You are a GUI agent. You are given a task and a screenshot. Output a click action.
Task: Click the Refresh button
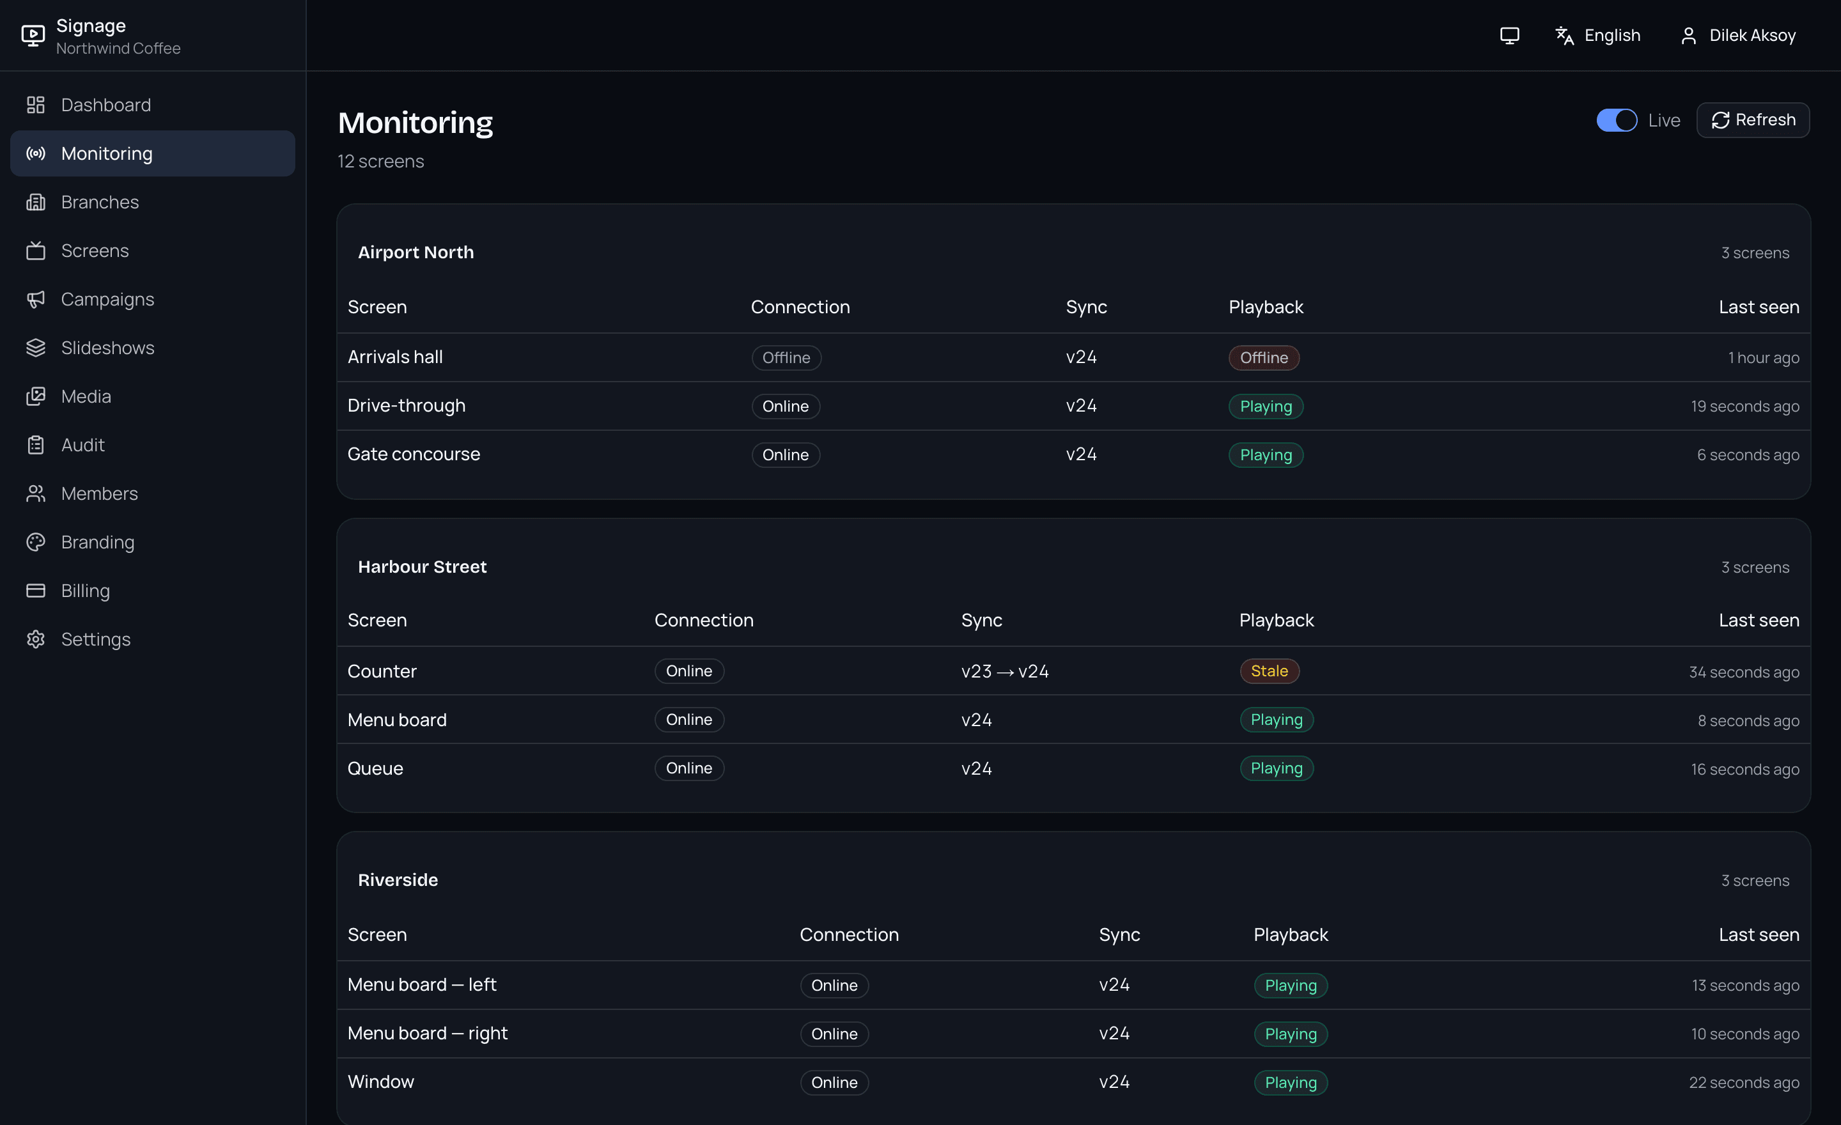point(1753,120)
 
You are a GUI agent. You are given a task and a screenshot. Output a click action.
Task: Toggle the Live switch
point(1616,120)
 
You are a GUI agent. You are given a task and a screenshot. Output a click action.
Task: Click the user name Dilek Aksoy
point(1752,35)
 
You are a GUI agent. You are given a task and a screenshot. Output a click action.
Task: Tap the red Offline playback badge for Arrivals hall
point(1264,358)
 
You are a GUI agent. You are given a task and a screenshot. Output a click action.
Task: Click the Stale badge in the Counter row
point(1270,671)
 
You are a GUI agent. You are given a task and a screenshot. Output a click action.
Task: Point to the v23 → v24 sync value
point(1005,672)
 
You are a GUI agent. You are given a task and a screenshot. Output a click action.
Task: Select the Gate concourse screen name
point(414,454)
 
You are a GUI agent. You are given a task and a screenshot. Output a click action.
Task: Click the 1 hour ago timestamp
point(1763,358)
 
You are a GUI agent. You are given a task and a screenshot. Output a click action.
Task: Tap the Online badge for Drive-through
point(785,407)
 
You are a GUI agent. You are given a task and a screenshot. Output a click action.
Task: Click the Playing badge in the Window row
point(1291,1082)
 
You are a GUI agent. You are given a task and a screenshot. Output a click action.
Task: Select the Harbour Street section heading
point(422,567)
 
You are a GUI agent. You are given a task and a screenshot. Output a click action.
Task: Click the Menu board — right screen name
point(428,1033)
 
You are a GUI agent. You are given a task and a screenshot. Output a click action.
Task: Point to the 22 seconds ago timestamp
point(1744,1082)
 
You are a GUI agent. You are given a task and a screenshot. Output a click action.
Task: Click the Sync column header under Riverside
point(1119,935)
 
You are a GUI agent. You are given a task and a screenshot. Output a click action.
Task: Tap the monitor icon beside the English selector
point(1509,35)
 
